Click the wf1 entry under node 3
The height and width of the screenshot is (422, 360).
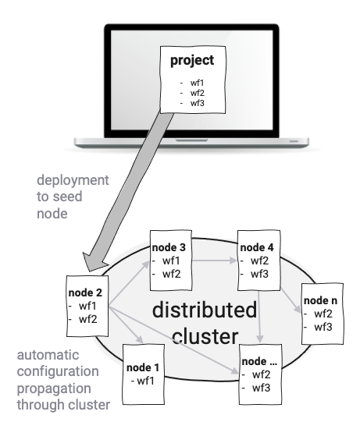[x=172, y=261]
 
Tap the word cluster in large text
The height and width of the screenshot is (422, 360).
[x=207, y=336]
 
